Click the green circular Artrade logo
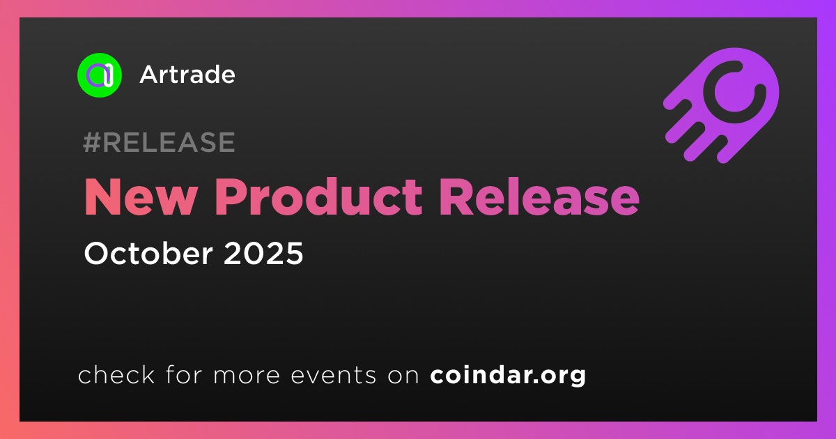tap(99, 75)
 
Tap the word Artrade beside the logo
tap(187, 75)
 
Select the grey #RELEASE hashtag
tap(159, 142)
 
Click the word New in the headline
tap(141, 197)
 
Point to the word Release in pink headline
tap(540, 197)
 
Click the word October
tap(148, 253)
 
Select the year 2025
tap(263, 253)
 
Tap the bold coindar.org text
tap(508, 375)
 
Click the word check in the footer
tap(116, 374)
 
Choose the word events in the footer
tap(334, 375)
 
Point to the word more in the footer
tap(247, 376)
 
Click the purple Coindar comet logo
tap(721, 106)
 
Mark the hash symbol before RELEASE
tap(91, 142)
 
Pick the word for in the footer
tap(184, 374)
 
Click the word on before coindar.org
tap(403, 376)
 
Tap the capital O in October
tap(98, 254)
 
